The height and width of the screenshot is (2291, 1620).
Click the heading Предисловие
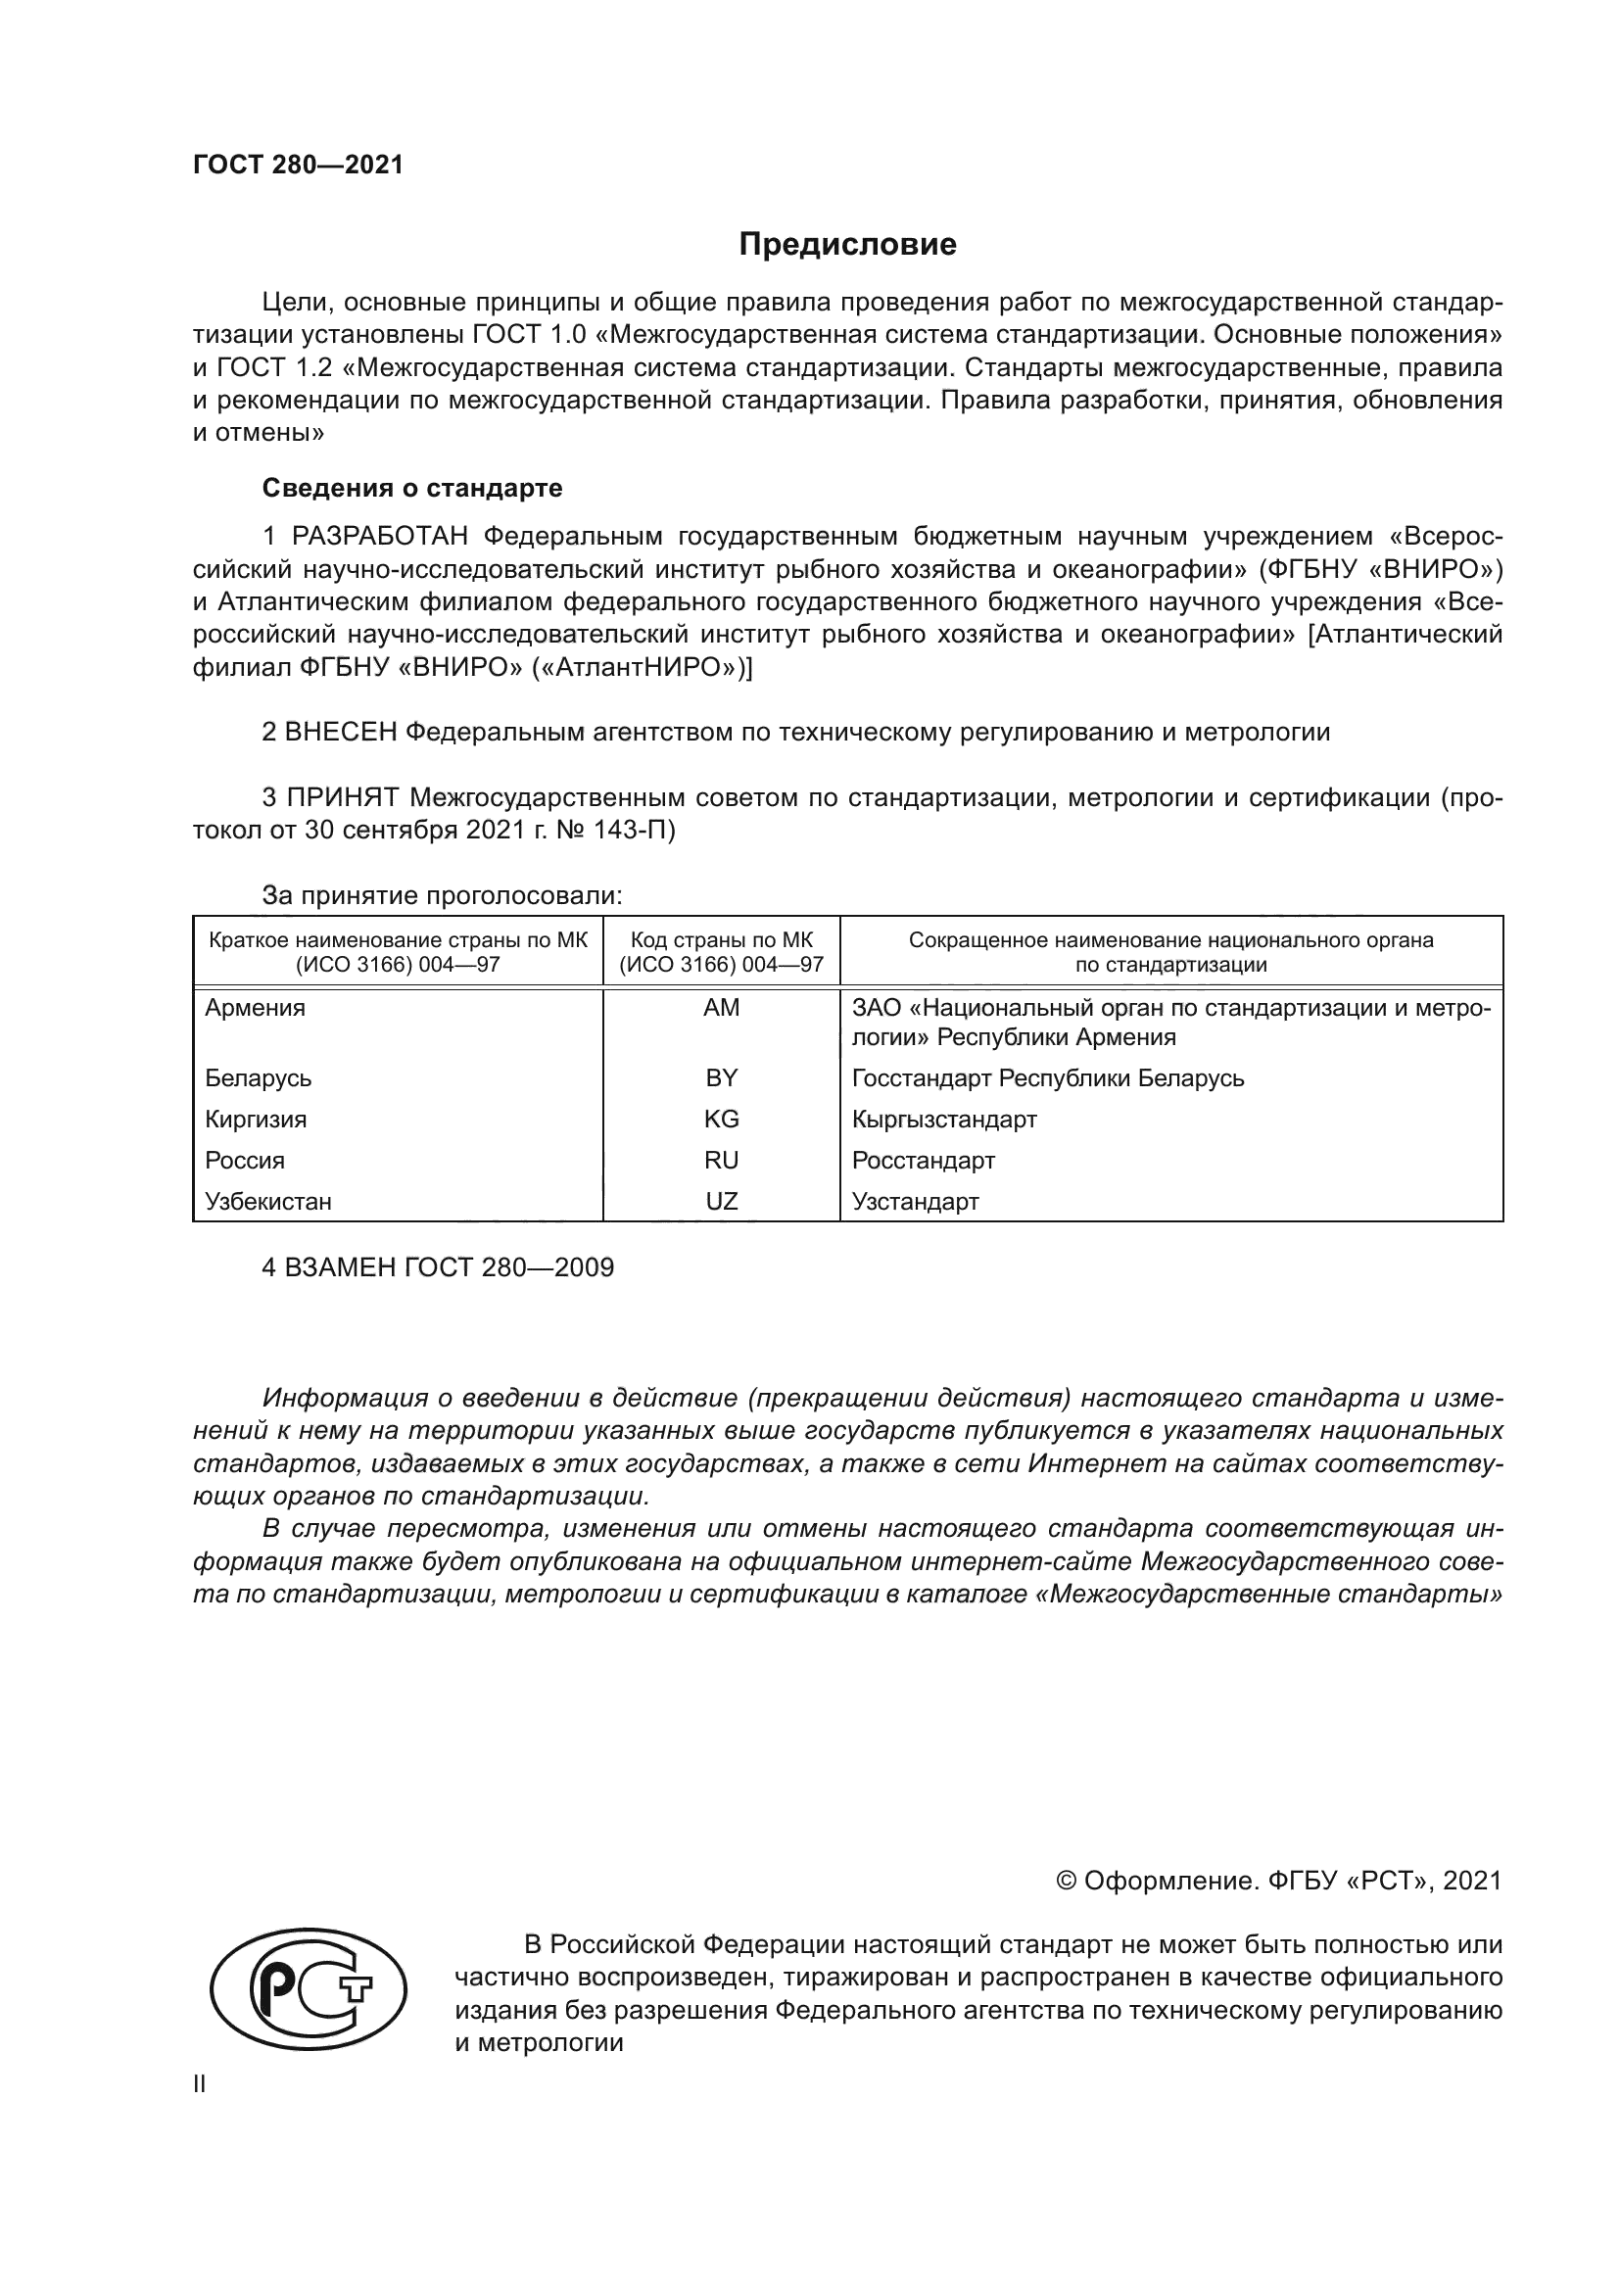point(847,245)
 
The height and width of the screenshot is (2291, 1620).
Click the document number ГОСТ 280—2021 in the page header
point(299,166)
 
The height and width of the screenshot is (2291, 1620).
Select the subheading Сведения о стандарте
point(412,488)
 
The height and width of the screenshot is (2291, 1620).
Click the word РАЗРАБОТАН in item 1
point(379,537)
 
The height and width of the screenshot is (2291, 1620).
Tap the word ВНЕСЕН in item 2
point(341,733)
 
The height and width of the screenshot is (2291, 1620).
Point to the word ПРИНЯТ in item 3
point(343,797)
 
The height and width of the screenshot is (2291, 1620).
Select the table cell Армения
point(256,1008)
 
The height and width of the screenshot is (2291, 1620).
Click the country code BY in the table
point(721,1077)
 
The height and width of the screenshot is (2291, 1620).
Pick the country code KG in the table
point(721,1120)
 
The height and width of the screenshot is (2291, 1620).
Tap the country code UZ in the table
point(721,1202)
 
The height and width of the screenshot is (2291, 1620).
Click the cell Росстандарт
point(923,1161)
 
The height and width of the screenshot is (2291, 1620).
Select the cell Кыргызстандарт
point(943,1120)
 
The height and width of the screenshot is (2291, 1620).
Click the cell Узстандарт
point(915,1202)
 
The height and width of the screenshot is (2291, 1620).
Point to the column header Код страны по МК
point(721,940)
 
